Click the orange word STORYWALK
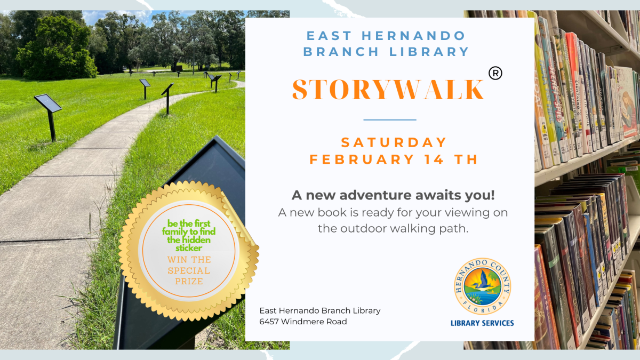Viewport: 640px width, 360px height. point(388,89)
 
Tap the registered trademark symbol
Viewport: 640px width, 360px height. point(495,73)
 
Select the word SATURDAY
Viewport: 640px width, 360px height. point(394,142)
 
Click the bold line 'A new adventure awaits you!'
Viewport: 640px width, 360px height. point(393,195)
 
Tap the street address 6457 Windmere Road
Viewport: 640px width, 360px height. point(303,322)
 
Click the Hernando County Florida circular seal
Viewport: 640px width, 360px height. point(482,287)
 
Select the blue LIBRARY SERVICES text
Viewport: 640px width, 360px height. point(482,323)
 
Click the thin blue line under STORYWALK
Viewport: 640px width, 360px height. point(389,119)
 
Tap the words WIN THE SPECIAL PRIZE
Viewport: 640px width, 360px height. point(189,270)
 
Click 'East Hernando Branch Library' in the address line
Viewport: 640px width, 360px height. point(319,311)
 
